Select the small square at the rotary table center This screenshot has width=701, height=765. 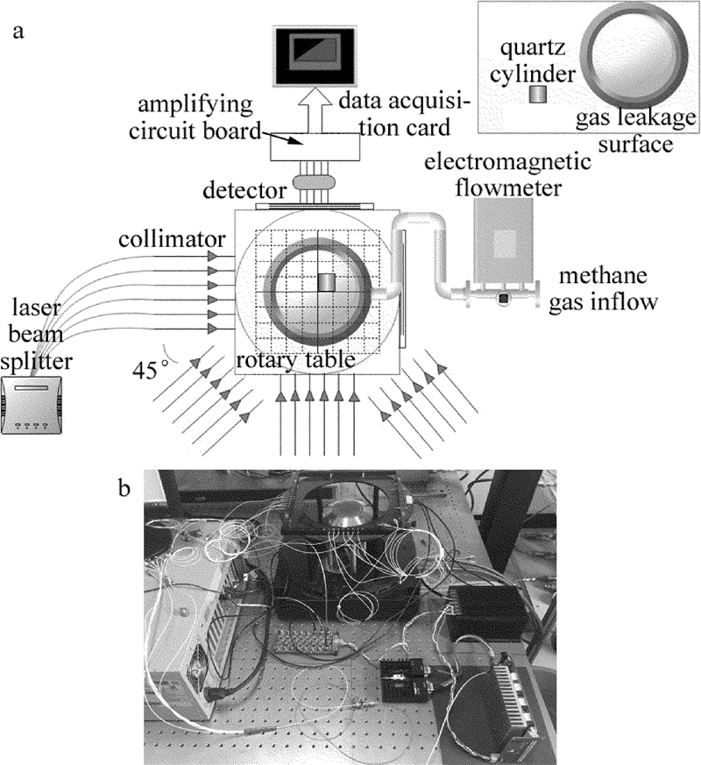pos(326,282)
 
